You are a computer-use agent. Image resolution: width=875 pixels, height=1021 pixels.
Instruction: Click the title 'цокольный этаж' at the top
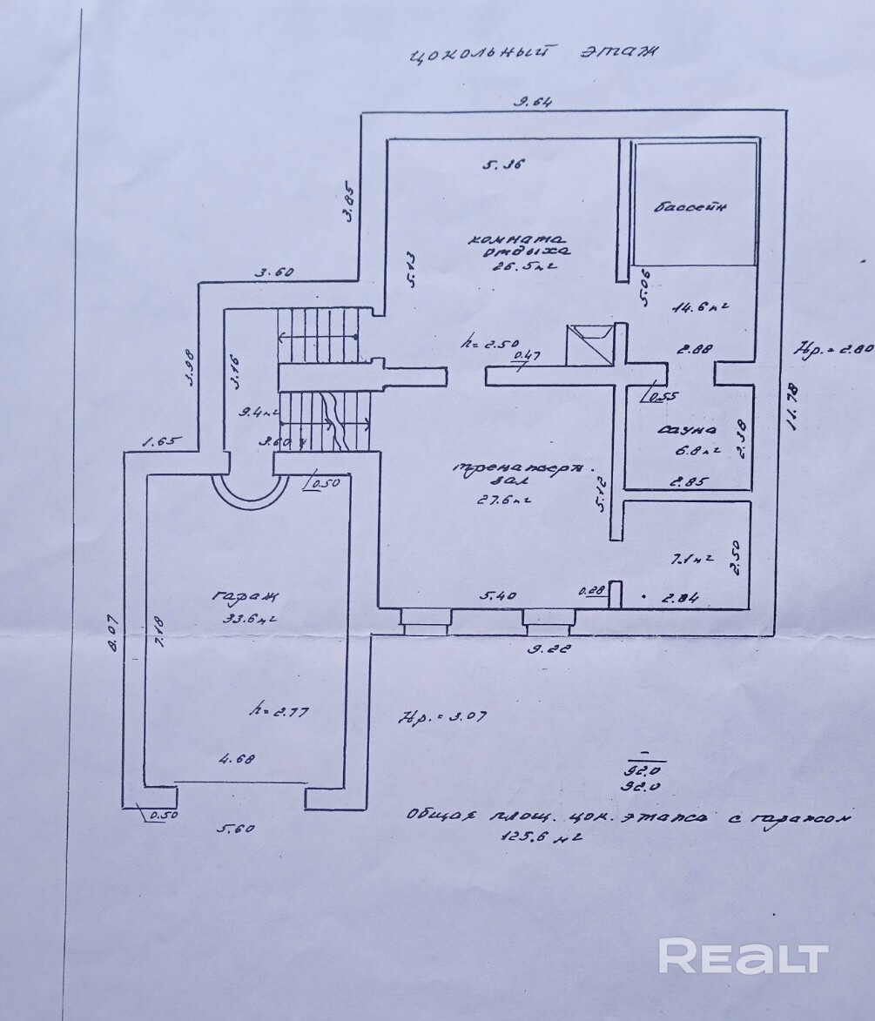(x=533, y=54)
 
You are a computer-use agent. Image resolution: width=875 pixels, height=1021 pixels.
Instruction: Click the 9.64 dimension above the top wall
(x=533, y=102)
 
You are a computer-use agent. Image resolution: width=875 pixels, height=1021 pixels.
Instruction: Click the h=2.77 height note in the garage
(x=274, y=711)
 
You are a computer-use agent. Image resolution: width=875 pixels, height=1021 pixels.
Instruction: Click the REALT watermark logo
(x=743, y=957)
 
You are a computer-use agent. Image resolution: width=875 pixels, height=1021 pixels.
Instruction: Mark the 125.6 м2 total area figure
(x=540, y=840)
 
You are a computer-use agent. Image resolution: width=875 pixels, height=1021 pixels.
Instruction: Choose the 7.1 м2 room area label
(x=690, y=559)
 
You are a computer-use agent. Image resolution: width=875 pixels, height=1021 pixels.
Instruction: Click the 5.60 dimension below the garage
(x=236, y=829)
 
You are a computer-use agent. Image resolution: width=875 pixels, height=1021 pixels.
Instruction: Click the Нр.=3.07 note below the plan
(x=441, y=718)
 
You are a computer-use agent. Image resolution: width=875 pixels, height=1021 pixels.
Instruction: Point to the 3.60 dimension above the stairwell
(x=274, y=272)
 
